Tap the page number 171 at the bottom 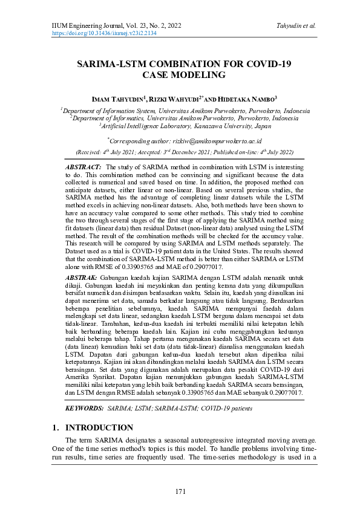pyautogui.click(x=180, y=490)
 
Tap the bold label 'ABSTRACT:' pyautogui.click(x=83, y=166)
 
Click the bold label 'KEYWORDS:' pyautogui.click(x=84, y=409)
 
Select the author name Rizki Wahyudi pyautogui.click(x=178, y=99)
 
